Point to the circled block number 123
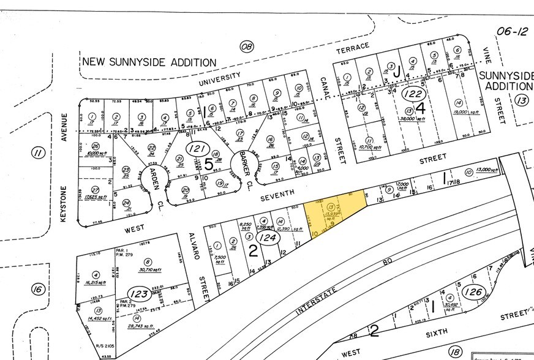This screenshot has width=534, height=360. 139,294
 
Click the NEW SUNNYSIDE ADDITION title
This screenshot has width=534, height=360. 149,62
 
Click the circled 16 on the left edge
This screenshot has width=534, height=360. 37,288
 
